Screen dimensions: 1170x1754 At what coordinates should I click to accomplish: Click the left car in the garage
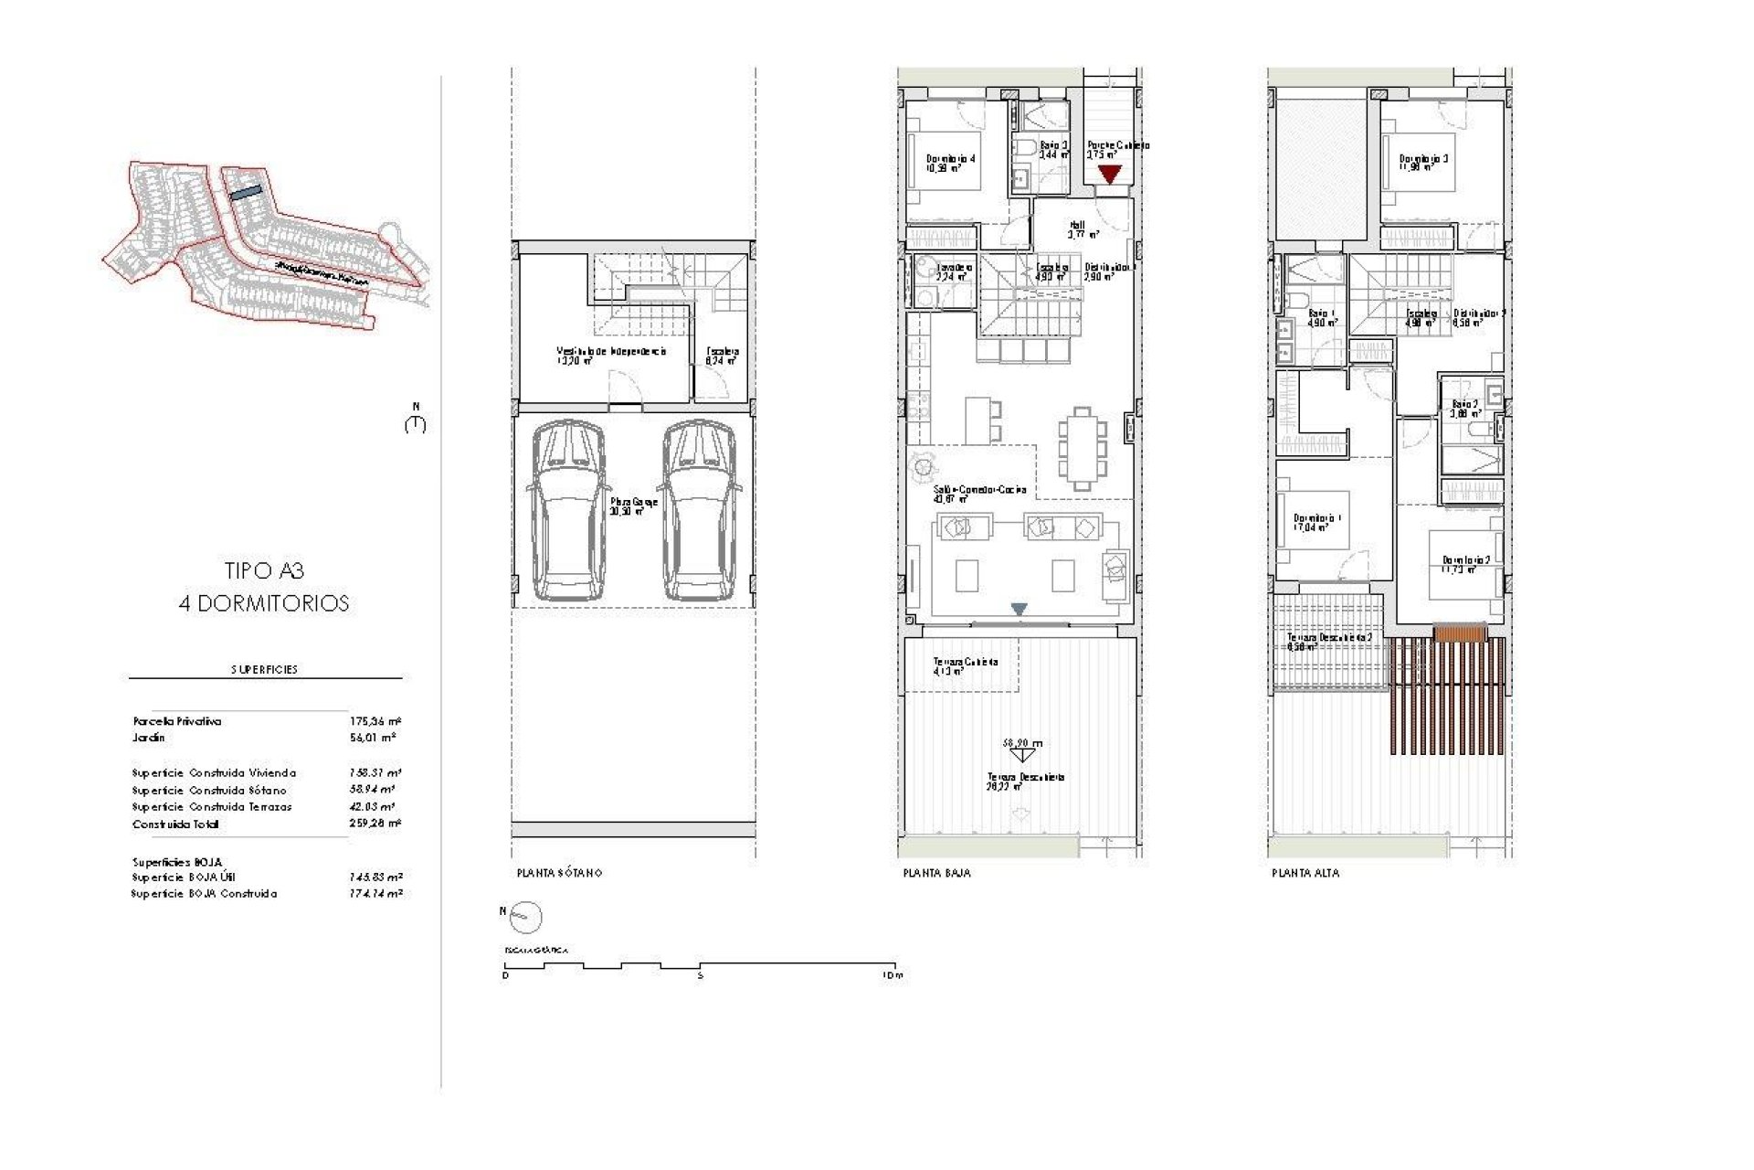(x=568, y=510)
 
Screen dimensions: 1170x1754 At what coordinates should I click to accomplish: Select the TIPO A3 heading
(x=264, y=571)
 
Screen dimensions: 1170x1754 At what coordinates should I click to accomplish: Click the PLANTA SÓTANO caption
(x=559, y=873)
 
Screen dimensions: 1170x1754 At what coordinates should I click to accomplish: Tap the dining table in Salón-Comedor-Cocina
(x=1082, y=449)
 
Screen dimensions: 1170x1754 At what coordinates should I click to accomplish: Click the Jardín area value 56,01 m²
(x=375, y=738)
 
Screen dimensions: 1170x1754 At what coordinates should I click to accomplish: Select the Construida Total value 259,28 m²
(x=375, y=824)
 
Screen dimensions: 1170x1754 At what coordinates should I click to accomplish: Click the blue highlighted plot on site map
(x=245, y=194)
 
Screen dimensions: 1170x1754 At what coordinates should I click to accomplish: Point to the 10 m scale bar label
(x=892, y=976)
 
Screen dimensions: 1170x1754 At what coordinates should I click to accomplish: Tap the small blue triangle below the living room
(x=1020, y=609)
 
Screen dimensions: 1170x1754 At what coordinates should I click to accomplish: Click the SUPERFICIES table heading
(x=264, y=669)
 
